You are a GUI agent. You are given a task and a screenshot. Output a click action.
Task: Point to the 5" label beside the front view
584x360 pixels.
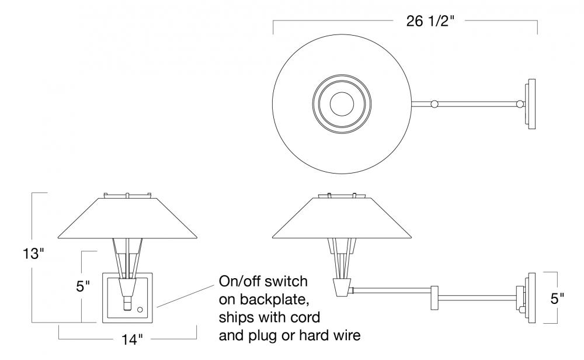(84, 287)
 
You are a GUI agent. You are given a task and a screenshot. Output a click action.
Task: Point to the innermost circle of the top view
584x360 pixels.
(341, 105)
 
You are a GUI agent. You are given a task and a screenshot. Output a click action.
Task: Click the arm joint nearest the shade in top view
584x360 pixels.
(433, 105)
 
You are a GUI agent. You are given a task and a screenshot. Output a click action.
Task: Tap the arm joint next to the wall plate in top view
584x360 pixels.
(519, 105)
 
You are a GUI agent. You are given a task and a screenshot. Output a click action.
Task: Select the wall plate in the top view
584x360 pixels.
(531, 104)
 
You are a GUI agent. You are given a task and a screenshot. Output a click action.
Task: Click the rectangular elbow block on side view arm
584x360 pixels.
(434, 297)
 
